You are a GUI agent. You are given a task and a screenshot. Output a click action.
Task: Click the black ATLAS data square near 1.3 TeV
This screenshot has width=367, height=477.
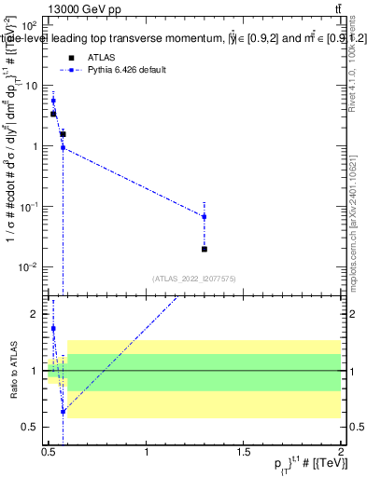pos(205,249)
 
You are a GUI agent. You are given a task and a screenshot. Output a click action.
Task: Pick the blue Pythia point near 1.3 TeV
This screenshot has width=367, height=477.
pos(205,217)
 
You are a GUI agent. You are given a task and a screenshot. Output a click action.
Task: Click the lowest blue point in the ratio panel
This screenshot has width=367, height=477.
pos(63,411)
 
